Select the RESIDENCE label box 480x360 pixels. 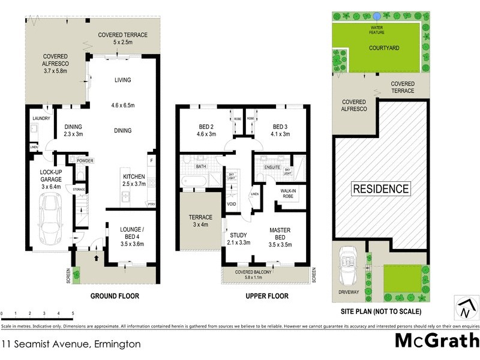pyautogui.click(x=380, y=188)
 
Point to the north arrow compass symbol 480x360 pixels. pyautogui.click(x=464, y=308)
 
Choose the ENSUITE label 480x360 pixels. pyautogui.click(x=272, y=167)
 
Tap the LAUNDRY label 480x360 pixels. pyautogui.click(x=41, y=118)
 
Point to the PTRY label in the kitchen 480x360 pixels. pyautogui.click(x=151, y=205)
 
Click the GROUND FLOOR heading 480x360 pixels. pyautogui.click(x=114, y=296)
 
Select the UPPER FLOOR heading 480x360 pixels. pyautogui.click(x=268, y=296)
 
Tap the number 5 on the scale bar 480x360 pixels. pyautogui.click(x=73, y=314)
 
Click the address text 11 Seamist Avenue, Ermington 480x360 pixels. pyautogui.click(x=71, y=344)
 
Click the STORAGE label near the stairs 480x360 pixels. pyautogui.click(x=79, y=190)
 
